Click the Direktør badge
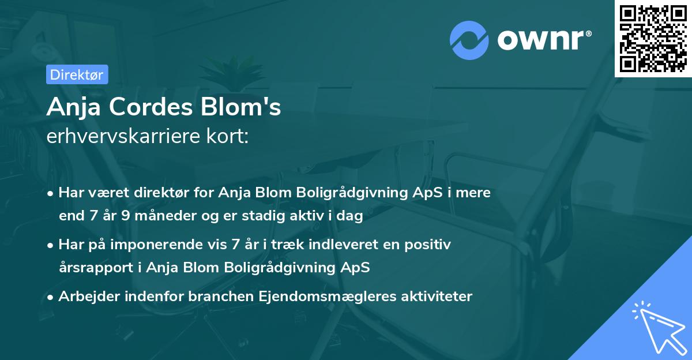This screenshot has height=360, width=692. [77, 74]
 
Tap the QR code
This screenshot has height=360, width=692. [652, 38]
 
